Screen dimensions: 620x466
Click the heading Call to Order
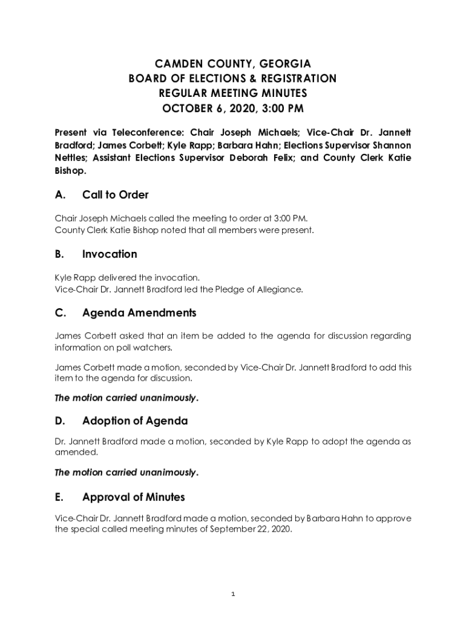[x=115, y=195]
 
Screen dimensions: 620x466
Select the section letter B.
[x=59, y=254]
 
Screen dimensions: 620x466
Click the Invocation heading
[x=110, y=254]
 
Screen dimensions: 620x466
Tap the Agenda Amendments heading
[x=139, y=314]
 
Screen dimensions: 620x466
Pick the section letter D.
[x=59, y=421]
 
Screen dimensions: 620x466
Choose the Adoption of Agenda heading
[x=135, y=421]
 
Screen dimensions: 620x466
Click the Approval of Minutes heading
[x=134, y=498]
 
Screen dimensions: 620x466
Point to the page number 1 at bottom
[x=233, y=594]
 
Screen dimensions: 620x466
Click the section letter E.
[x=59, y=498]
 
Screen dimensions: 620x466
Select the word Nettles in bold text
[x=71, y=158]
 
